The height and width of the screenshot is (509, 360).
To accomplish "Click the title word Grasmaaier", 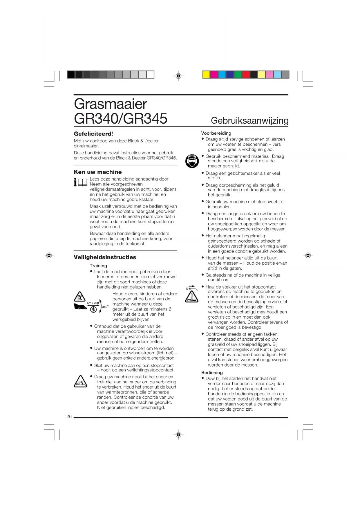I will click(x=111, y=104).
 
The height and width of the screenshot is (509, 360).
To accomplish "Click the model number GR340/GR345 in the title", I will click(x=120, y=119).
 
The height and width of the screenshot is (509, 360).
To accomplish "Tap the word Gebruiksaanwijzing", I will click(x=249, y=120).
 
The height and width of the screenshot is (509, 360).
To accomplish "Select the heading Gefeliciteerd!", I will click(x=93, y=134).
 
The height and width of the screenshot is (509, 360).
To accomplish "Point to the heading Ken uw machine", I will click(x=98, y=172).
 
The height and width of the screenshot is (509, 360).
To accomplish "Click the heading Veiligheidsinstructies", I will click(x=105, y=257).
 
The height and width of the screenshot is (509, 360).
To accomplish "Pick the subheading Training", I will click(x=98, y=266).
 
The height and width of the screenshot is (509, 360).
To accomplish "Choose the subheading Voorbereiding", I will click(x=216, y=133).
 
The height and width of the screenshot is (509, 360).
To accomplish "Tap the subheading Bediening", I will click(x=212, y=373).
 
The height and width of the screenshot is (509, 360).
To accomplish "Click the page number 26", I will click(x=69, y=416).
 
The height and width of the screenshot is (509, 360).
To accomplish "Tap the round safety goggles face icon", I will click(x=192, y=161).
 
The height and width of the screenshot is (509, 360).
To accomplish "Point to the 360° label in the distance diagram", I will click(x=105, y=307).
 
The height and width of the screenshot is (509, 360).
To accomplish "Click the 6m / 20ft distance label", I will click(x=93, y=303).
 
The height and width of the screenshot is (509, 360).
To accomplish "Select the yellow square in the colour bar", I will click(x=206, y=75).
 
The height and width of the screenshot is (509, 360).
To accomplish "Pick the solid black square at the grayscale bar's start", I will click(x=71, y=75).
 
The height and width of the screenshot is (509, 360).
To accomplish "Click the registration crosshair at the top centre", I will click(x=179, y=76).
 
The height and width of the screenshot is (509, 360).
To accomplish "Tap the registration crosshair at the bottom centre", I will click(x=179, y=435).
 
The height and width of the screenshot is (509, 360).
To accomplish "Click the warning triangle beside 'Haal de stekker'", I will click(x=192, y=297).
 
